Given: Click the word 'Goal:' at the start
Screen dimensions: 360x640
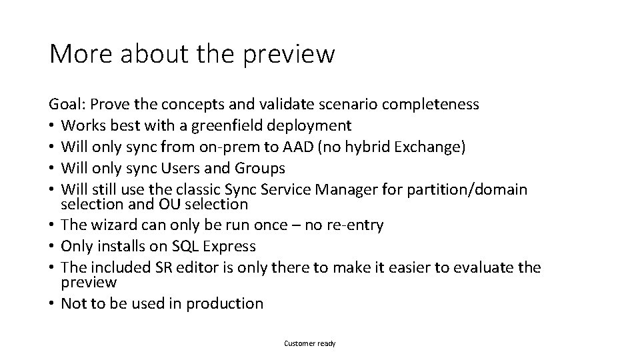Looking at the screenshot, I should pos(67,104).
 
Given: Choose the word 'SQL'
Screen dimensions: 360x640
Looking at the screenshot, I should pos(187,247).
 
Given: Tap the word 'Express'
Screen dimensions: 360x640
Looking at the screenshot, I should pos(229,247).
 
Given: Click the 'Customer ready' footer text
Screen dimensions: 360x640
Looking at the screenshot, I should pos(310,343).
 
